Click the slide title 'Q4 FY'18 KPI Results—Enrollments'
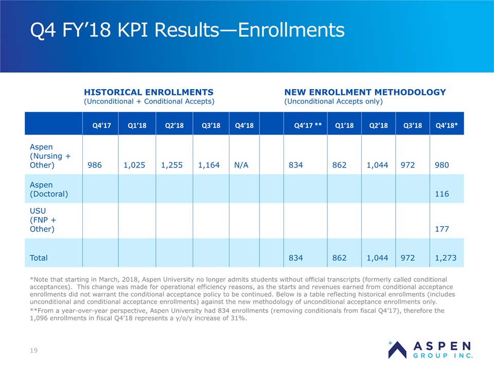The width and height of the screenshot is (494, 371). pyautogui.click(x=187, y=30)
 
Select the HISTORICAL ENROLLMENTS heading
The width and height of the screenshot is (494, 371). pyautogui.click(x=149, y=92)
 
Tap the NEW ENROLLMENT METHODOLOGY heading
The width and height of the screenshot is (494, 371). pyautogui.click(x=365, y=92)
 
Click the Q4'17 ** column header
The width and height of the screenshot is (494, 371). pyautogui.click(x=308, y=125)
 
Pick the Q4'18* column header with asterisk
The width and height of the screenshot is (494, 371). pyautogui.click(x=447, y=125)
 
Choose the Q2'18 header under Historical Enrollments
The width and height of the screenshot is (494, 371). pyautogui.click(x=174, y=125)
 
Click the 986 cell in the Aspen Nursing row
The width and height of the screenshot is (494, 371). pyautogui.click(x=95, y=165)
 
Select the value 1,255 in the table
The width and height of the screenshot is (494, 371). pyautogui.click(x=172, y=165)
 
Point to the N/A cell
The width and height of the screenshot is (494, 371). pyautogui.click(x=241, y=165)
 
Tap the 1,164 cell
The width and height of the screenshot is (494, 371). pyautogui.click(x=209, y=165)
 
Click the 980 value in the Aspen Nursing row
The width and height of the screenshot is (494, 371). pyautogui.click(x=442, y=165)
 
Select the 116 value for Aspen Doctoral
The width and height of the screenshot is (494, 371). pyautogui.click(x=442, y=194)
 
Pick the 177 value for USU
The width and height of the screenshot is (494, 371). pyautogui.click(x=442, y=229)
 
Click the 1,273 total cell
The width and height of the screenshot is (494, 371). pyautogui.click(x=446, y=258)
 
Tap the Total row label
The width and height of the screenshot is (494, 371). pyautogui.click(x=39, y=258)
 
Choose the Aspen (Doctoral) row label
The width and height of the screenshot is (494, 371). pyautogui.click(x=49, y=189)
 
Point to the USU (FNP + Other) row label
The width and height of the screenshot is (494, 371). pyautogui.click(x=43, y=220)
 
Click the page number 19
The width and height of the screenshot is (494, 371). pyautogui.click(x=34, y=350)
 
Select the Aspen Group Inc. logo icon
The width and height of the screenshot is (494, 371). pyautogui.click(x=397, y=350)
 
